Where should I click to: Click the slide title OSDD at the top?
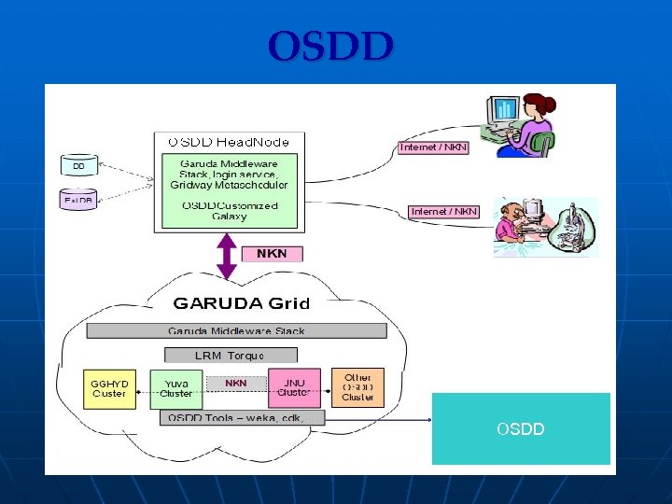[331, 46]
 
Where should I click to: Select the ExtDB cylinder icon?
[77, 200]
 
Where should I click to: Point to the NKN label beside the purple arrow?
[272, 254]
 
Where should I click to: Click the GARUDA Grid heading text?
[242, 303]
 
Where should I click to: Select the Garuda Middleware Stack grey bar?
[236, 331]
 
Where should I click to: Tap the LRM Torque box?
[230, 356]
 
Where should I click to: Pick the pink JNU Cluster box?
[294, 387]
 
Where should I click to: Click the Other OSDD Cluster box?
[357, 386]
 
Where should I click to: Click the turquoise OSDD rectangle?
[521, 429]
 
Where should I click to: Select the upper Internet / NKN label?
[434, 147]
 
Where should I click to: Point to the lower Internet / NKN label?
[444, 212]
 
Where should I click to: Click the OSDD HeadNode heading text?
[229, 142]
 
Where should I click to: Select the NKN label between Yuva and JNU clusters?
[236, 383]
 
